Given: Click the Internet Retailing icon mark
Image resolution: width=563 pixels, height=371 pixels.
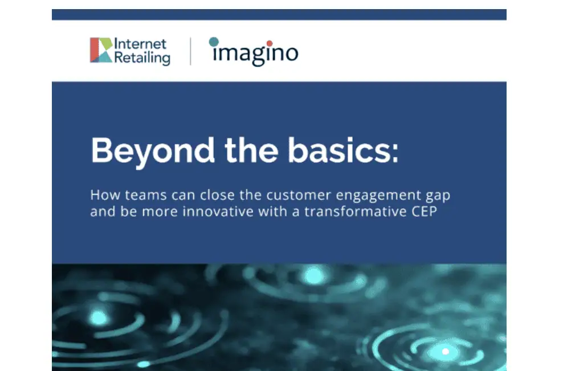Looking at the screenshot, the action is tap(101, 50).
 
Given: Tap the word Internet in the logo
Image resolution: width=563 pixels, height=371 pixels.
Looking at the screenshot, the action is tap(140, 44).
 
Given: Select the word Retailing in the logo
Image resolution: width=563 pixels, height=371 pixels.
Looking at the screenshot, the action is tap(142, 57).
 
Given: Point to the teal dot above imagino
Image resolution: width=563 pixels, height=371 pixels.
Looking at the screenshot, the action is tap(214, 42).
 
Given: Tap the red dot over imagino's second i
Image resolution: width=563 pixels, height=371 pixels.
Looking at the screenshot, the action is tap(270, 44).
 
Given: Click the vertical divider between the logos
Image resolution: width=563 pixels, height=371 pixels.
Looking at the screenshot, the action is tap(190, 51).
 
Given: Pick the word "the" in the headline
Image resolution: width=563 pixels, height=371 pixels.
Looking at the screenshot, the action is tap(251, 150).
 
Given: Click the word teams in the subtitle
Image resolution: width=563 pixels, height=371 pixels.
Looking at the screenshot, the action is tap(146, 195).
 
